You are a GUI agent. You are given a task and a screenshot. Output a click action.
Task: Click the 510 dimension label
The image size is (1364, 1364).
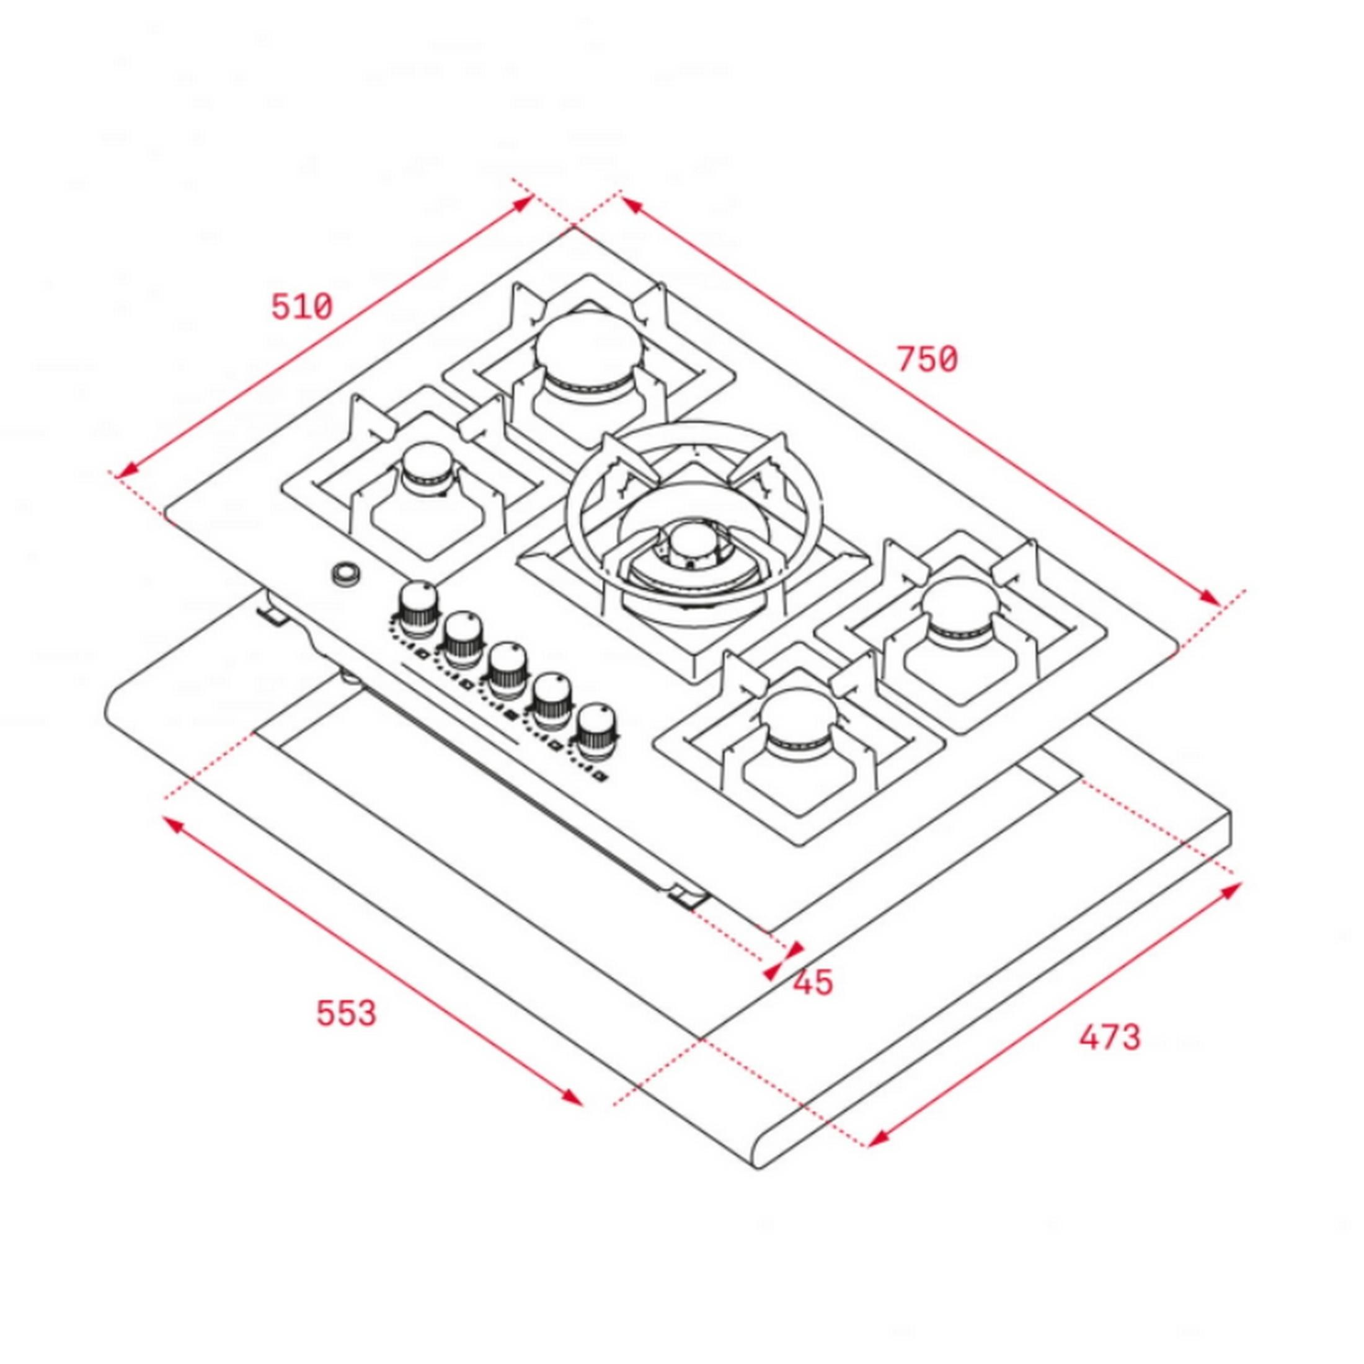point(301,307)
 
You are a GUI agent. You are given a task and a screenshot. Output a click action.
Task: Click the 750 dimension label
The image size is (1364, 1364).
point(927,360)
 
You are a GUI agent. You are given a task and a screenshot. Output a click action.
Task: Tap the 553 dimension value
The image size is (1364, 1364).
point(346,1013)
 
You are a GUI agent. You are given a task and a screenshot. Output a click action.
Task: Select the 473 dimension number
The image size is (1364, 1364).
point(1109,1037)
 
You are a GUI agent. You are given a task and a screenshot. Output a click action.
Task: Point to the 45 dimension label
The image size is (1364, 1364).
point(813,982)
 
